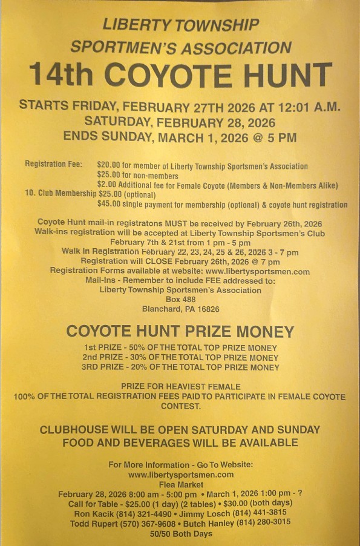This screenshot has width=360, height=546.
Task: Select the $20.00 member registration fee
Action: point(109,166)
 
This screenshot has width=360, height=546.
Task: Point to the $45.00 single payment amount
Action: point(109,205)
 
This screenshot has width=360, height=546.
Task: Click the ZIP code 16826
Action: point(206,309)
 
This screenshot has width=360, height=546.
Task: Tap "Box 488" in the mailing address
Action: point(180,299)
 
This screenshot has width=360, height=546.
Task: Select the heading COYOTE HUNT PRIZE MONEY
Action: point(180,332)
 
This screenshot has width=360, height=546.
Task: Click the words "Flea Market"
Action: point(180,484)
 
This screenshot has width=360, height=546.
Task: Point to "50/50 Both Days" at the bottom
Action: point(180,533)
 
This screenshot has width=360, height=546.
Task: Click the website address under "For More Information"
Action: point(180,475)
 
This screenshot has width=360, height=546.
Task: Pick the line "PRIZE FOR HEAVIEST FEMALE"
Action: point(180,386)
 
